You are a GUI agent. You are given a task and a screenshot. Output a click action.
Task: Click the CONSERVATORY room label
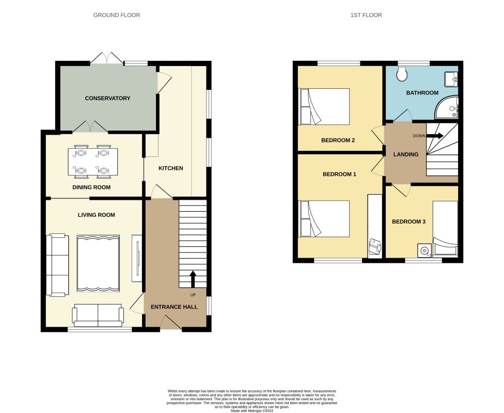[107, 98]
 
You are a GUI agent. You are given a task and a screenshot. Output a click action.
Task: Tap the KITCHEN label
[171, 168]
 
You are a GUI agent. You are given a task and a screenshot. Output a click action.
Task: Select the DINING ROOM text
[91, 187]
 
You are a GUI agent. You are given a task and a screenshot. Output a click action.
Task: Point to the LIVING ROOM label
[97, 215]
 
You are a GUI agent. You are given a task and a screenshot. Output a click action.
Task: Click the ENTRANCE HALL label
[174, 307]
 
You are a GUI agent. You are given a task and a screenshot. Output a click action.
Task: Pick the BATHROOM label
[422, 92]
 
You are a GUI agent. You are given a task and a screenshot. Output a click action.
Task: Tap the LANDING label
[406, 154]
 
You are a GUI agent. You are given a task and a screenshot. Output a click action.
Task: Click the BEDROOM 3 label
[408, 221]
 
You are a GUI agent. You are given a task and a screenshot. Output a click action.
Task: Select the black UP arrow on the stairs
[193, 279]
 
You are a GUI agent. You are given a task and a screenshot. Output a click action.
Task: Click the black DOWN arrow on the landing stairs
[435, 136]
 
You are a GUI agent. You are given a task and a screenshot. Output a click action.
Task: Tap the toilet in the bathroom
[401, 74]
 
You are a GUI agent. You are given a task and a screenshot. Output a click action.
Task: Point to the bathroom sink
[451, 79]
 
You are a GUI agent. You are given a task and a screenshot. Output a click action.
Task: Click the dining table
[92, 162]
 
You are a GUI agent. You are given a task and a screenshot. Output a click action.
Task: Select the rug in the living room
[98, 263]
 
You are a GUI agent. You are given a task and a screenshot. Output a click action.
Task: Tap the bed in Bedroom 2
[324, 106]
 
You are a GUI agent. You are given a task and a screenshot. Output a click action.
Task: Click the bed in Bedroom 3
[445, 229]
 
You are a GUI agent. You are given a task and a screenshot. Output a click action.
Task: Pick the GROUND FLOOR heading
[117, 15]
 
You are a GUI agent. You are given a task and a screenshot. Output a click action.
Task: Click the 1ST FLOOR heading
[366, 15]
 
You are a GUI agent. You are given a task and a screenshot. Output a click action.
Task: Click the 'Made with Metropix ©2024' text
[252, 410]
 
